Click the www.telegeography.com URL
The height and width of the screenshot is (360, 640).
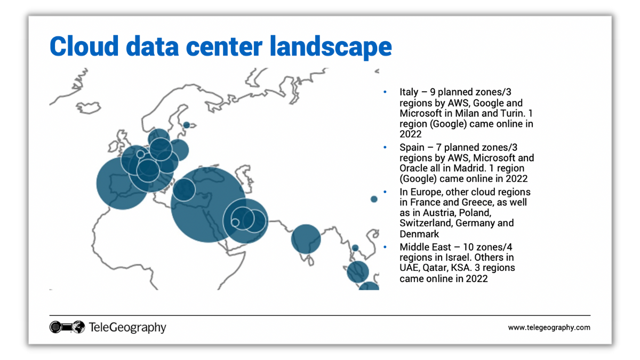[549, 327]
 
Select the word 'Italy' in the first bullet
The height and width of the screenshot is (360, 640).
[409, 92]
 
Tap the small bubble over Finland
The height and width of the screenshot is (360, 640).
[186, 125]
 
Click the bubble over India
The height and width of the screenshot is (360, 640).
[306, 238]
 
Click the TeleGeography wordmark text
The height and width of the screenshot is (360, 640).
[127, 327]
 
